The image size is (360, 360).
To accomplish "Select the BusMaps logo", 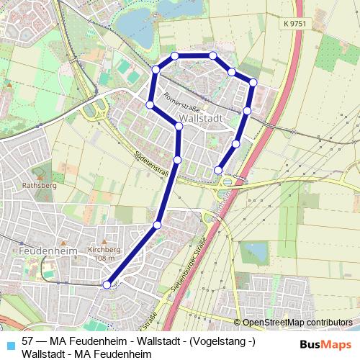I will coord(325,344).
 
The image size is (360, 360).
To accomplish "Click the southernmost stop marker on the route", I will coord(107,285).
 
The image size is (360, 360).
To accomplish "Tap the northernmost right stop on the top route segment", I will coord(213,55).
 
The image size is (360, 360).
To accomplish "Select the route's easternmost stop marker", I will coord(253,83).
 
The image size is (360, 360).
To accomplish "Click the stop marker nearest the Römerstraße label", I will coord(150,105).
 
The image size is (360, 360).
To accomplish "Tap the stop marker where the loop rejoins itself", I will coord(179,127).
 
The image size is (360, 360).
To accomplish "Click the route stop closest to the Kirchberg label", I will coord(158,226).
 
